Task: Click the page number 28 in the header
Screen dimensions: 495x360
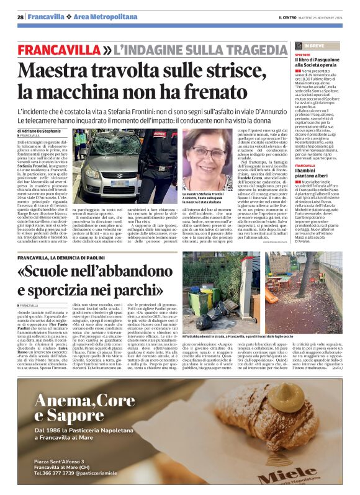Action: [20, 17]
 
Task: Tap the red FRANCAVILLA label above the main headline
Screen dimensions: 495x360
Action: [58, 49]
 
